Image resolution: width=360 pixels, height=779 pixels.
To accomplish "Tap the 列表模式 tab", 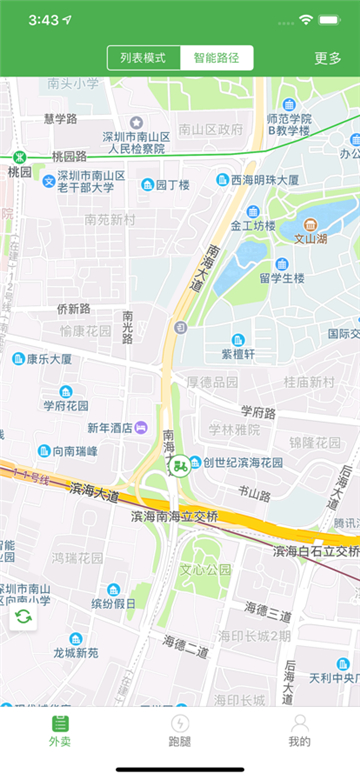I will click(x=144, y=58).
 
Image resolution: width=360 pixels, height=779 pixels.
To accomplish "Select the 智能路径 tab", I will click(x=216, y=58).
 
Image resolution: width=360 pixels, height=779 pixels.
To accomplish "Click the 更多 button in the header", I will click(x=328, y=58).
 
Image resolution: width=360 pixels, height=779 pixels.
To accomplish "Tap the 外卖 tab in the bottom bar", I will click(x=60, y=729).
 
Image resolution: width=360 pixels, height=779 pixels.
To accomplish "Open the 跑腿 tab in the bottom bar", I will click(x=180, y=729).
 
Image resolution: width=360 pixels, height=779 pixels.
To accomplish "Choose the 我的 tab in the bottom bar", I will click(x=299, y=729).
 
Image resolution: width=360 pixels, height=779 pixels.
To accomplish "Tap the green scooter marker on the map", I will click(x=180, y=465).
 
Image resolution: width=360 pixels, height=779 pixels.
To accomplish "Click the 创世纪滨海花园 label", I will click(x=243, y=463).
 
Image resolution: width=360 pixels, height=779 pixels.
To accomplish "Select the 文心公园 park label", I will click(x=205, y=569).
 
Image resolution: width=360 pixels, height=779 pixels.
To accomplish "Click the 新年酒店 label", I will click(x=110, y=428).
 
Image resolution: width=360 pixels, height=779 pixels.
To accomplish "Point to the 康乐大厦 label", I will click(x=49, y=359).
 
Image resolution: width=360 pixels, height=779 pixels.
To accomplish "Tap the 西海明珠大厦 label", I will click(x=265, y=180).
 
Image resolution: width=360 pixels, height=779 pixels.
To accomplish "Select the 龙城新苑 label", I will click(x=76, y=653).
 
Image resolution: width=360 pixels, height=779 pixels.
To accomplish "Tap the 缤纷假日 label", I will click(x=113, y=604).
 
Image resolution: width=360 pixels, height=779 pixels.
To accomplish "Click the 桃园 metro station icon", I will click(x=20, y=157).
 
